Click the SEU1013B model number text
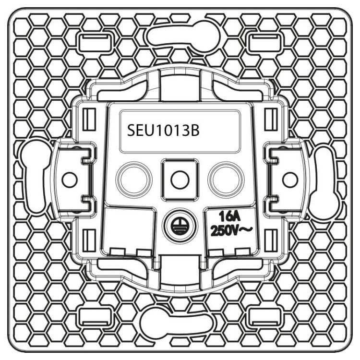pyautogui.click(x=163, y=131)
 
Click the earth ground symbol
pyautogui.click(x=180, y=226)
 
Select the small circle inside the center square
pyautogui.click(x=180, y=180)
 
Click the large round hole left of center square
pyautogui.click(x=134, y=180)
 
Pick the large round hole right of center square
pyautogui.click(x=226, y=180)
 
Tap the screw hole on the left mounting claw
pyautogui.click(x=69, y=180)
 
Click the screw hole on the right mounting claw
pyautogui.click(x=290, y=180)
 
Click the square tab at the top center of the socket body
pyautogui.click(x=180, y=85)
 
